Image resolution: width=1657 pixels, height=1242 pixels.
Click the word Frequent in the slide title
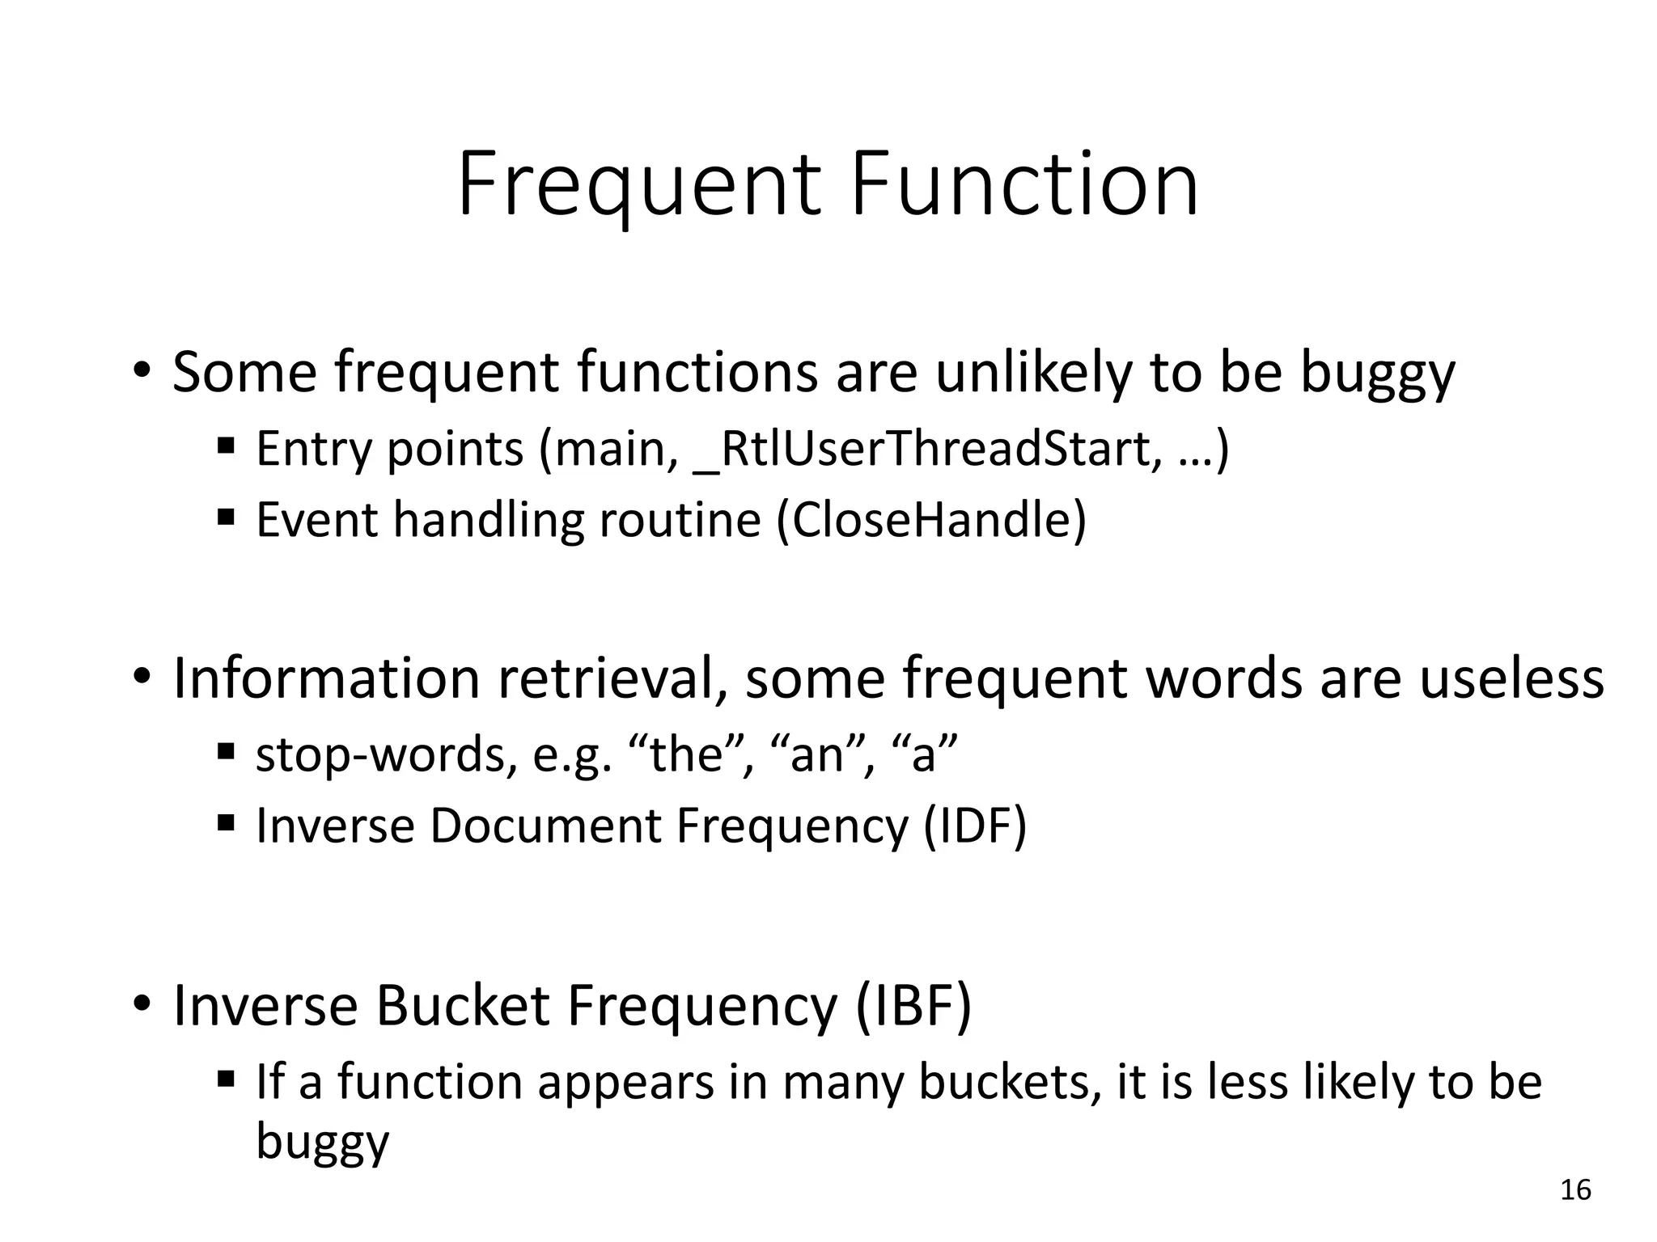pos(639,186)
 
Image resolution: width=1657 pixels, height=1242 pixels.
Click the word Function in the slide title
pos(1024,186)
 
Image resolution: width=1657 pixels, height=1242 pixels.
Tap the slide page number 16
pos(1574,1190)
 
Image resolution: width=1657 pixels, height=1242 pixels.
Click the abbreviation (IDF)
pos(975,826)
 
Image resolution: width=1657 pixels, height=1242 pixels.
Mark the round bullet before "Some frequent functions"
pos(142,373)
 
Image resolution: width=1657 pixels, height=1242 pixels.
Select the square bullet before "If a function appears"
pos(226,1078)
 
